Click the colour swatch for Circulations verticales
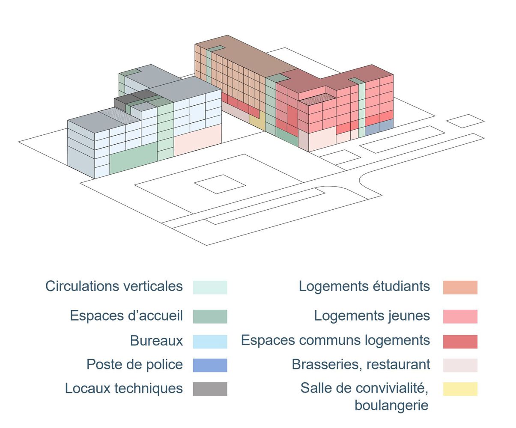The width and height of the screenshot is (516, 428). coord(210,287)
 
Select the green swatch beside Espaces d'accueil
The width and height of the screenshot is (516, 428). coord(210,316)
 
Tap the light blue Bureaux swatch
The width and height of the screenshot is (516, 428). coord(210,342)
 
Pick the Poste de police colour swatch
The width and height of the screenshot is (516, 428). coord(210,365)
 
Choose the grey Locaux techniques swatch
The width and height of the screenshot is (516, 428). coord(210,389)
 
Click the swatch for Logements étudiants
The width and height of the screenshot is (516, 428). coord(460,287)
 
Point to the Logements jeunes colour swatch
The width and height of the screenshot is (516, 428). coord(460,316)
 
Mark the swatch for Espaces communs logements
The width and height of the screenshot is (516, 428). coord(460,342)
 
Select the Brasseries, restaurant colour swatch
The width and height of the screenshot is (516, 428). coord(460,365)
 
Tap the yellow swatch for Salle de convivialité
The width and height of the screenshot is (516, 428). coord(460,389)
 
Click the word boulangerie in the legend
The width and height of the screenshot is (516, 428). coord(391,405)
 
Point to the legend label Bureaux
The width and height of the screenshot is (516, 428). coord(156,341)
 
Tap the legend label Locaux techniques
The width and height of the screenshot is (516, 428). coord(124,388)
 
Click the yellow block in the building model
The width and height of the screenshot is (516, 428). coord(257,122)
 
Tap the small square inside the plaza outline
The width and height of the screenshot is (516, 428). coord(220,184)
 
